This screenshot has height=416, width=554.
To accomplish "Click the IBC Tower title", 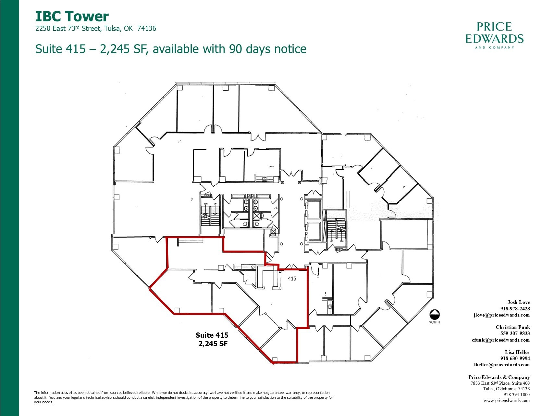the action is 72,16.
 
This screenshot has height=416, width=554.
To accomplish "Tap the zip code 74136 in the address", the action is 146,29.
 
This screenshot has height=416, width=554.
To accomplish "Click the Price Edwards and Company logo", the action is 494,35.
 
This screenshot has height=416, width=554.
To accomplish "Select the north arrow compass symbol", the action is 434,314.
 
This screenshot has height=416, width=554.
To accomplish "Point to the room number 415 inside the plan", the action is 292,279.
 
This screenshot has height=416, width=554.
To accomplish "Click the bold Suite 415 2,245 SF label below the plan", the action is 212,339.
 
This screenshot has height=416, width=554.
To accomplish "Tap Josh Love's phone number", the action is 515,309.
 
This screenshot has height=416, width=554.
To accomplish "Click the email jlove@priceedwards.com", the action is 501,315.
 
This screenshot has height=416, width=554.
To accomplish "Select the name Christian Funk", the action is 513,327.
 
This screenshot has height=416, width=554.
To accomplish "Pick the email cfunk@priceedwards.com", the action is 501,340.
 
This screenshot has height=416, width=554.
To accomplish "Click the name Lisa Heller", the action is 517,352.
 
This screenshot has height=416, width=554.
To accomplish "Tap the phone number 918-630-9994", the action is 515,358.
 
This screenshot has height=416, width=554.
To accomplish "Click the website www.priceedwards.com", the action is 507,401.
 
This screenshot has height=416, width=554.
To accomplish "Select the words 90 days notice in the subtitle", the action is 268,49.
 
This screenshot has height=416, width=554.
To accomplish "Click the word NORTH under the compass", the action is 434,322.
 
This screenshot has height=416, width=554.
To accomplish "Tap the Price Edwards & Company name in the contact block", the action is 499,377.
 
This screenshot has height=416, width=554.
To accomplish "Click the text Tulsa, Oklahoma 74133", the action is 506,389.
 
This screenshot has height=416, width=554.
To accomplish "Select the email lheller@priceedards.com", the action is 502,365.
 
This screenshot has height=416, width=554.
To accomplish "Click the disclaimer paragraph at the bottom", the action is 184,397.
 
